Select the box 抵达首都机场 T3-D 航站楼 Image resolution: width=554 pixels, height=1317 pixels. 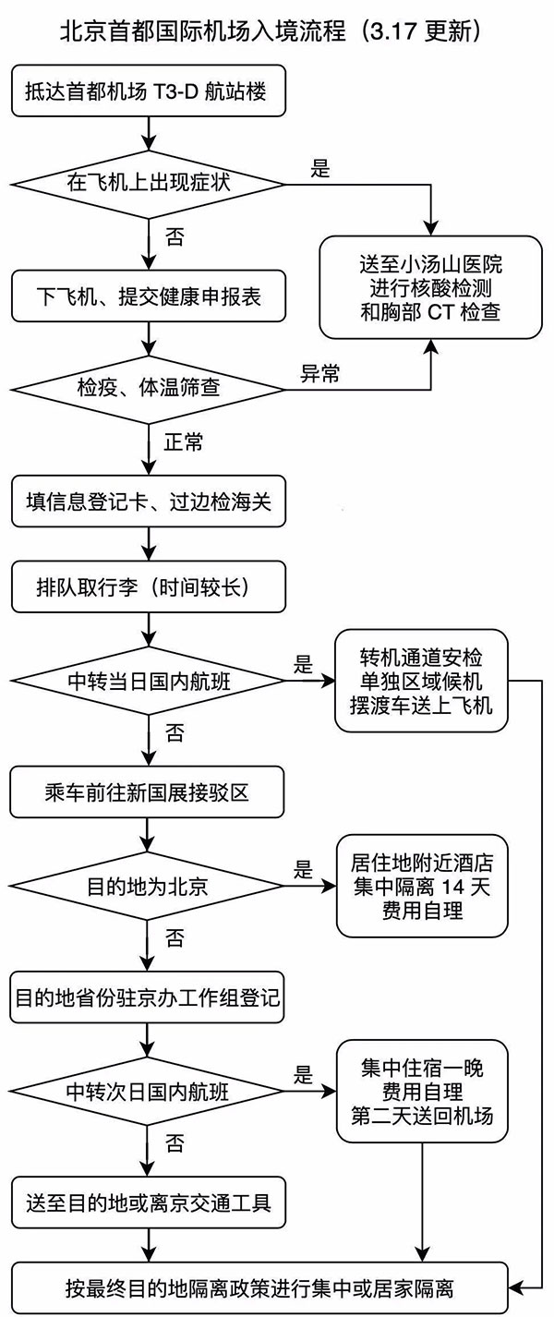click(x=148, y=92)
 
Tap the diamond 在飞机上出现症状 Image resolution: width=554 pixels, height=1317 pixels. click(x=148, y=183)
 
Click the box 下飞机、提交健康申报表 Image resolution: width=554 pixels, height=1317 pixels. click(x=148, y=296)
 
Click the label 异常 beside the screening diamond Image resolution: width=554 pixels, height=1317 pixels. click(x=319, y=374)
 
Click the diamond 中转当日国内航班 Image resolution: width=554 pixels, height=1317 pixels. click(x=148, y=682)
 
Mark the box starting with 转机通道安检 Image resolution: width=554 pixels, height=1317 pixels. click(x=421, y=682)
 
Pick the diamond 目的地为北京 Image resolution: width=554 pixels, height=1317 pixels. click(x=148, y=887)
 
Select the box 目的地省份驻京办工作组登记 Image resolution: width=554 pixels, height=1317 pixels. click(x=148, y=997)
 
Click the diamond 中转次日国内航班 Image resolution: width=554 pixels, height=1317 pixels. click(x=148, y=1091)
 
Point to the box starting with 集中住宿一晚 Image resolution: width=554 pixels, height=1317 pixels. click(x=421, y=1091)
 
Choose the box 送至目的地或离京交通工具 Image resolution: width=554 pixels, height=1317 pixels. click(x=148, y=1202)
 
